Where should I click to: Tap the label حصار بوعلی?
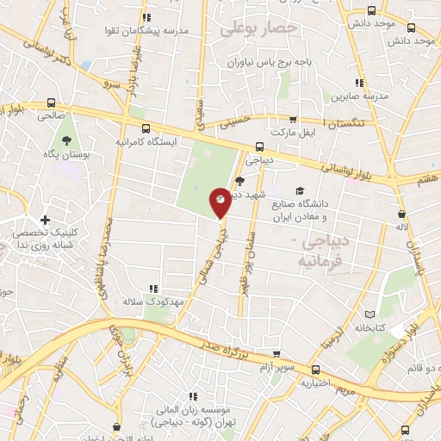click(x=258, y=28)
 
